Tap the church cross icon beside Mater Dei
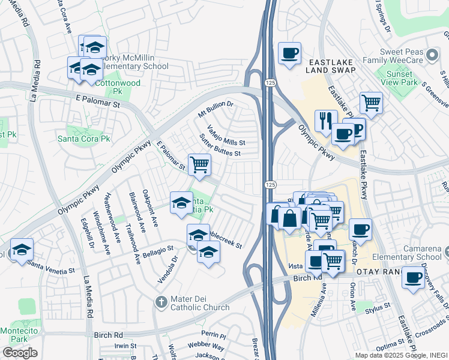(161, 302)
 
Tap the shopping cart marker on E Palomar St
(199, 163)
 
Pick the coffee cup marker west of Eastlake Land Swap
(289, 53)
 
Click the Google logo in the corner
(20, 352)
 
